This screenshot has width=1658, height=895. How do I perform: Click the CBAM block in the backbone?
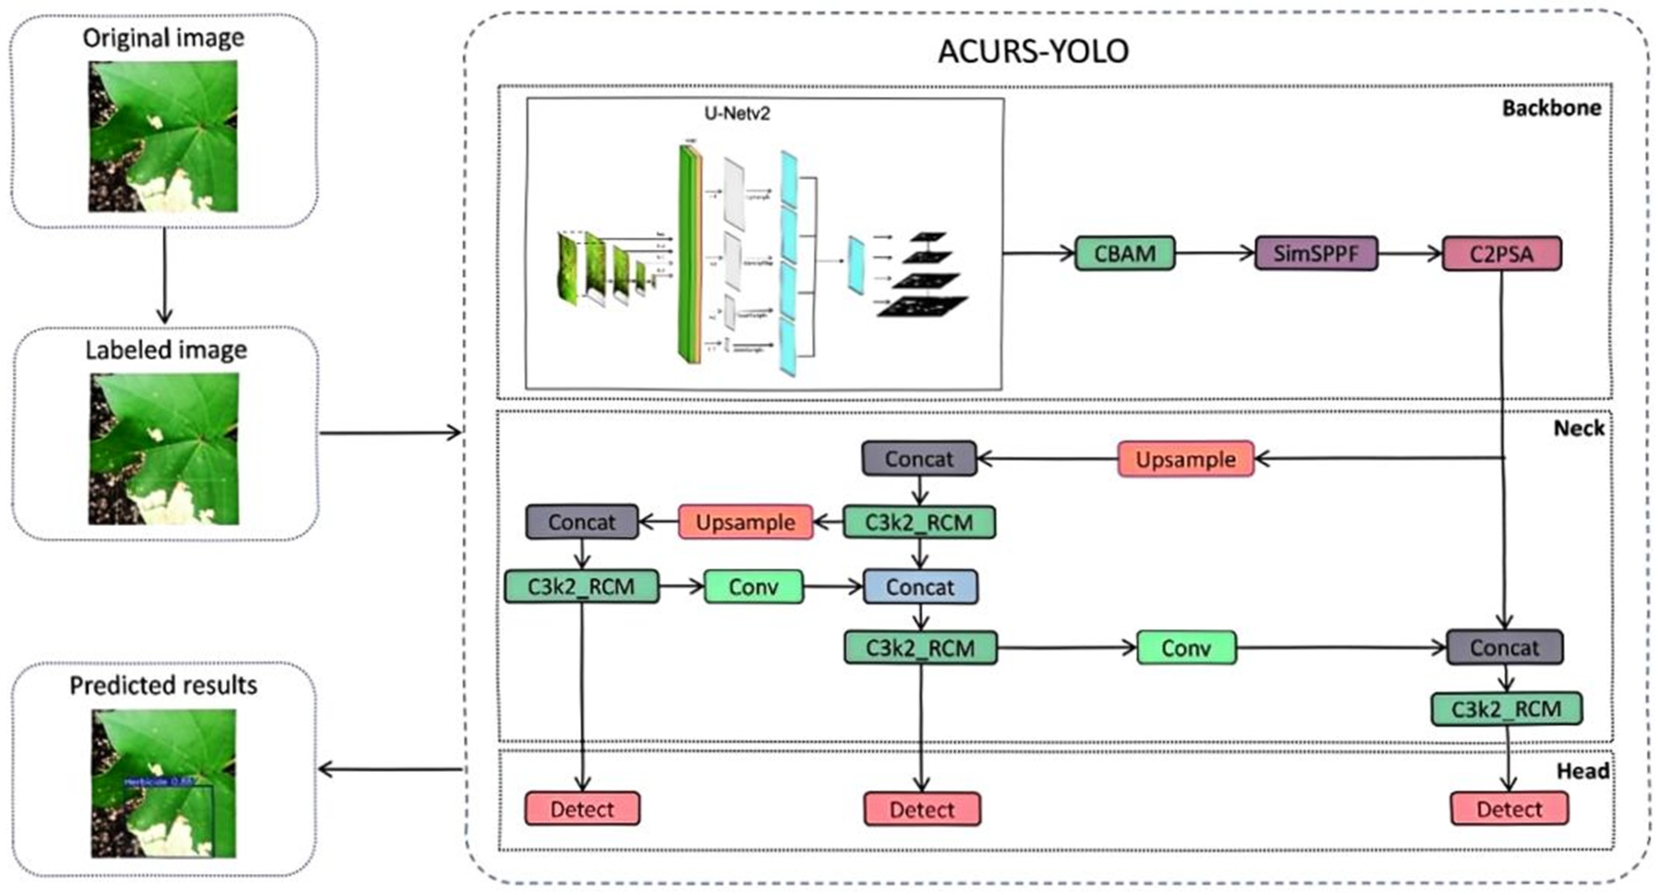1124,253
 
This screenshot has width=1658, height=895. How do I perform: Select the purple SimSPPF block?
1316,253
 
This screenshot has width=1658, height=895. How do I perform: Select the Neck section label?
1578,428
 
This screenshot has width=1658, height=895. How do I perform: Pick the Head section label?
1582,771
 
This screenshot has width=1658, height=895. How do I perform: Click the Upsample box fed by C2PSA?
1186,459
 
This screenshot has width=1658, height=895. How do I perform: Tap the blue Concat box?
920,587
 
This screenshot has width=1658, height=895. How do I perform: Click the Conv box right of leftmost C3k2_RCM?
754,587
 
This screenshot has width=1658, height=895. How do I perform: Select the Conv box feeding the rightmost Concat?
1186,648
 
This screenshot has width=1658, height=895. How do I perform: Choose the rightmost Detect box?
1509,809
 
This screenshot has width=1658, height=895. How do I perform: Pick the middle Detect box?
922,809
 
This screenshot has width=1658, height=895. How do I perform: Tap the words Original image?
164,38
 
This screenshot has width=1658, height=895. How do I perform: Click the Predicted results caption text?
164,686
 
